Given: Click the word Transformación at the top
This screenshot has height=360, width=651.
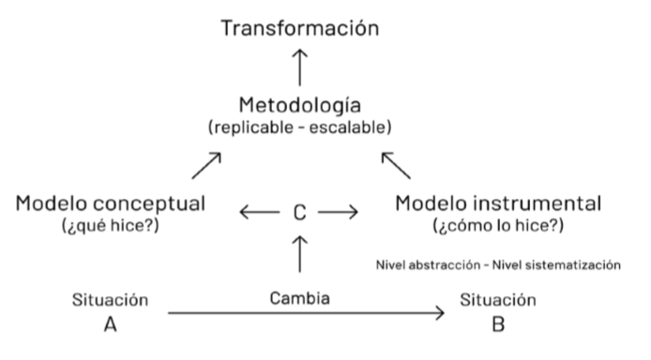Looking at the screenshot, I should pos(300,27).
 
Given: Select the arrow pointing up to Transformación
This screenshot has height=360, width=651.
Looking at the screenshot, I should pos(300,67).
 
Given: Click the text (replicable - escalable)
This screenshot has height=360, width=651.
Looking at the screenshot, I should pos(299,127).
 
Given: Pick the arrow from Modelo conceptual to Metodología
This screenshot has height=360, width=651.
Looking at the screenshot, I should pos(206,167).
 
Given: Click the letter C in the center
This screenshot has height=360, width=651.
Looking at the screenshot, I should pos(299,213).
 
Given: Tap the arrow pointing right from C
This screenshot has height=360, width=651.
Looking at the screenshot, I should pos(339,213).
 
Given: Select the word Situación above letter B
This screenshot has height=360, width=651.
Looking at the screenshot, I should pos(498,301).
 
